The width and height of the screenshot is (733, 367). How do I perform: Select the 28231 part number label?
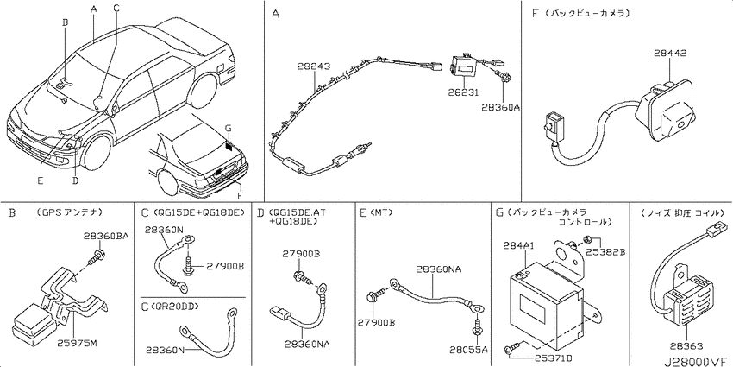[x=463, y=93]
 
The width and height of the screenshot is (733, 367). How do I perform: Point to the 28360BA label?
[x=107, y=236]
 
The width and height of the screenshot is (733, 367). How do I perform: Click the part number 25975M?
[x=78, y=344]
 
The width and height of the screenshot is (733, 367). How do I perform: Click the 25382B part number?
[x=606, y=252]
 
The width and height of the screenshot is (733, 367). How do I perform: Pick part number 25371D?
[x=553, y=358]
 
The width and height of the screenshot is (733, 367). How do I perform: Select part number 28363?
[x=686, y=346]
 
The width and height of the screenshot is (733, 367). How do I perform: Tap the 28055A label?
[x=468, y=349]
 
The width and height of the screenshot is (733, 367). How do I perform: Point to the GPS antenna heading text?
[x=69, y=212]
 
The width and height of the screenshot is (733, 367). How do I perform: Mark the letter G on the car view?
[x=228, y=128]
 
